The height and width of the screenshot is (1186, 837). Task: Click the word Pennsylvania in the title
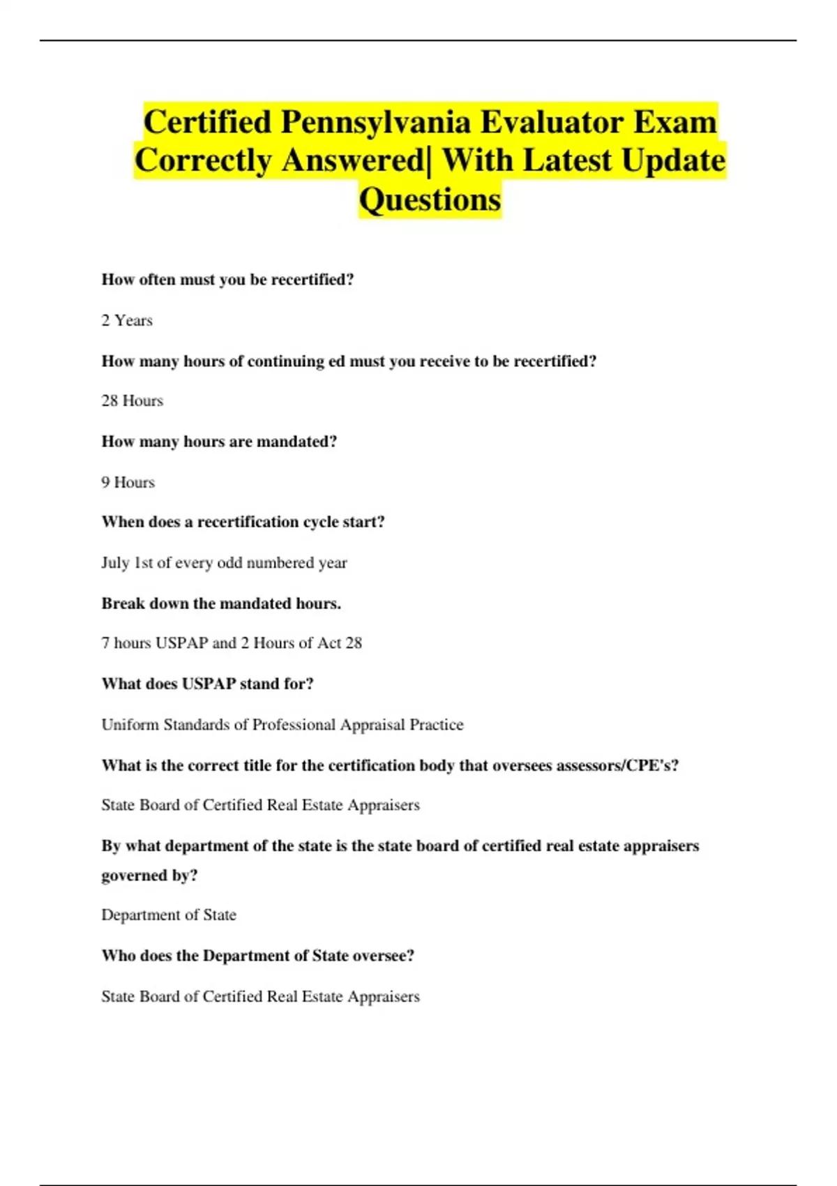[376, 123]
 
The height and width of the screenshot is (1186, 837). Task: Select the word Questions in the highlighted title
[430, 200]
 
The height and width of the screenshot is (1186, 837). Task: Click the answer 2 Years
[127, 321]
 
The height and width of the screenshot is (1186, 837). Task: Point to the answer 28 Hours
[133, 401]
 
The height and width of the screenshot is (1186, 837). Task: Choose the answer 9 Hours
[128, 483]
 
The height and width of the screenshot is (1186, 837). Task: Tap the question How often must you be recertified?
[227, 280]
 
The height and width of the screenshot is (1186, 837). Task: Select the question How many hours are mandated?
[219, 442]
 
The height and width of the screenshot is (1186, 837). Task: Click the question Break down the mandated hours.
[221, 603]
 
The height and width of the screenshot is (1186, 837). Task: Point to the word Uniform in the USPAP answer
[130, 725]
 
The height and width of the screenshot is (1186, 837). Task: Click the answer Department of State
[169, 915]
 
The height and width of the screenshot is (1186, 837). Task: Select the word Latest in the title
[567, 161]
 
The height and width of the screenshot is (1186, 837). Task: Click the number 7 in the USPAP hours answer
[105, 643]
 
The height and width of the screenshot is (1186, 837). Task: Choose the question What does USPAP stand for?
[207, 684]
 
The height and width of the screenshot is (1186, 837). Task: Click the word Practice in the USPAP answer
[437, 725]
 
